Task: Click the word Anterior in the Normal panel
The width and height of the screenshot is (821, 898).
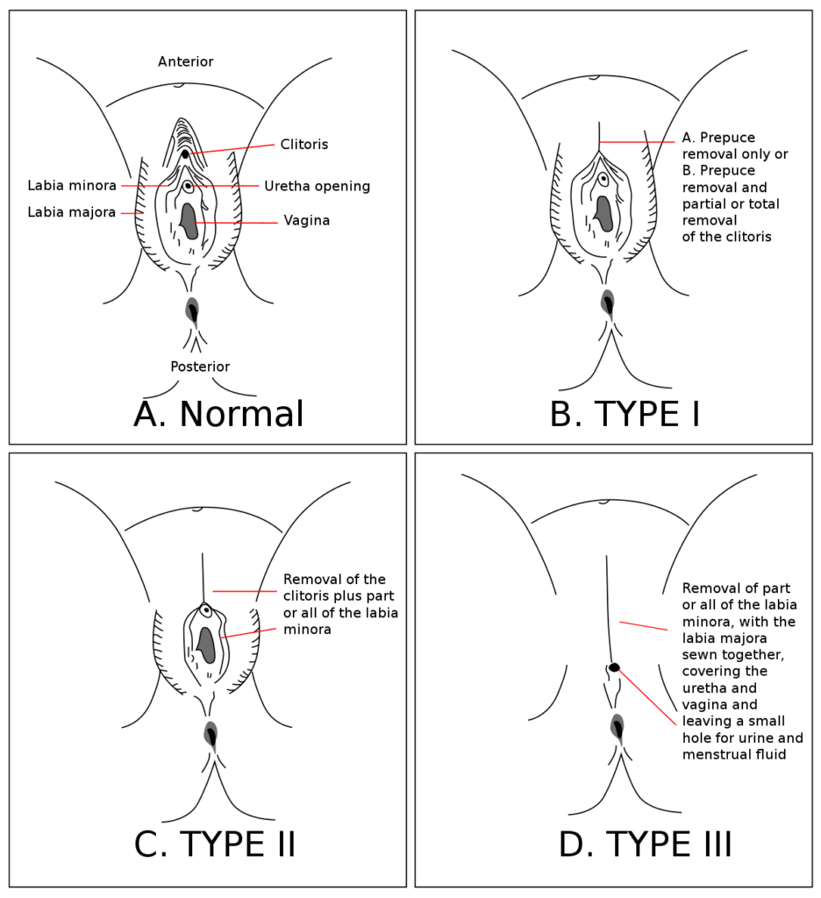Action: (185, 61)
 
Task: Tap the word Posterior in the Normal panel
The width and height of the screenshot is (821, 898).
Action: (201, 367)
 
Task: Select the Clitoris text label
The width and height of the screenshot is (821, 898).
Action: (304, 144)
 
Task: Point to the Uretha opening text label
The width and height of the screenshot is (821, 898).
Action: (317, 186)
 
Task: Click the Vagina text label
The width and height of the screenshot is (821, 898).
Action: (306, 221)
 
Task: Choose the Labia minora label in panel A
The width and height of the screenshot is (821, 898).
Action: (72, 186)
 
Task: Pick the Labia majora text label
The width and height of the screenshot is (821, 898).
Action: (72, 212)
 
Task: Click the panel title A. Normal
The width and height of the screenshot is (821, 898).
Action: (218, 415)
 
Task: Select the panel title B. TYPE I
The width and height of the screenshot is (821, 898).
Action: (625, 415)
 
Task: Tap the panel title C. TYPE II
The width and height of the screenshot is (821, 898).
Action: (215, 844)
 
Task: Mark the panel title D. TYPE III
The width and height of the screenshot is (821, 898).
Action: (645, 844)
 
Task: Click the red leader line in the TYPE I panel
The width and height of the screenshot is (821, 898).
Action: (640, 142)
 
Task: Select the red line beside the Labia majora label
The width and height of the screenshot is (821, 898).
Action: (132, 213)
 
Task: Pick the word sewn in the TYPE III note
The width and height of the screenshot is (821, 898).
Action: (698, 654)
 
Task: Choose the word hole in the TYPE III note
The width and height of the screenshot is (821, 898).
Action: (698, 737)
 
